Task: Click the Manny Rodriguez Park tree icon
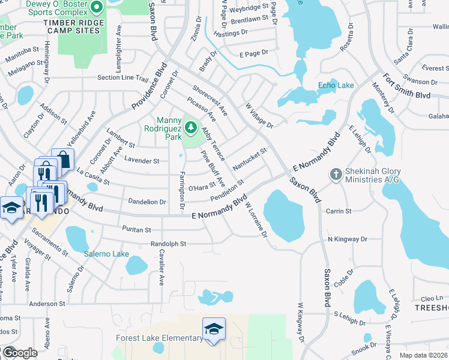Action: coord(191,127)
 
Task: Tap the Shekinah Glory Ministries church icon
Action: coord(336,175)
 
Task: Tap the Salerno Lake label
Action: coord(106,254)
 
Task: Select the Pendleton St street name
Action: coord(227,190)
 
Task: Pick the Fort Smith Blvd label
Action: coord(408,86)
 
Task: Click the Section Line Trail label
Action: coord(122,78)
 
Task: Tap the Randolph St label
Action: coord(169,244)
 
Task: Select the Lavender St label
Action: coord(142,161)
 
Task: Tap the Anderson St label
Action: coord(46,304)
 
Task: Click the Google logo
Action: coord(20,353)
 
